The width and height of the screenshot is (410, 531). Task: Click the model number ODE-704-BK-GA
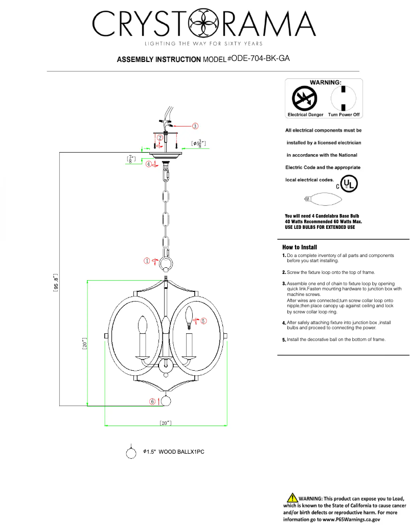(x=261, y=58)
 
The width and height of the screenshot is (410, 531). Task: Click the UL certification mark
(x=349, y=183)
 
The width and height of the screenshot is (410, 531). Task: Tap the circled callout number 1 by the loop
(x=147, y=261)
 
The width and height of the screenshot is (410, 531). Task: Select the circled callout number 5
(x=203, y=321)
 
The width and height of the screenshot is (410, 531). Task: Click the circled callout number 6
(x=152, y=401)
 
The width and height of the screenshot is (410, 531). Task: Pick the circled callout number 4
(x=148, y=164)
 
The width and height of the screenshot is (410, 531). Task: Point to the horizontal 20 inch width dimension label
(x=165, y=423)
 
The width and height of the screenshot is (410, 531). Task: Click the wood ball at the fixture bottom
(x=166, y=401)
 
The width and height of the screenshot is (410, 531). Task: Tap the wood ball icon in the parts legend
(x=131, y=453)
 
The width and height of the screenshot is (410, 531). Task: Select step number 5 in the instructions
(x=284, y=339)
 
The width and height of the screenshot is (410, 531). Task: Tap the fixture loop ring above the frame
(x=165, y=264)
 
